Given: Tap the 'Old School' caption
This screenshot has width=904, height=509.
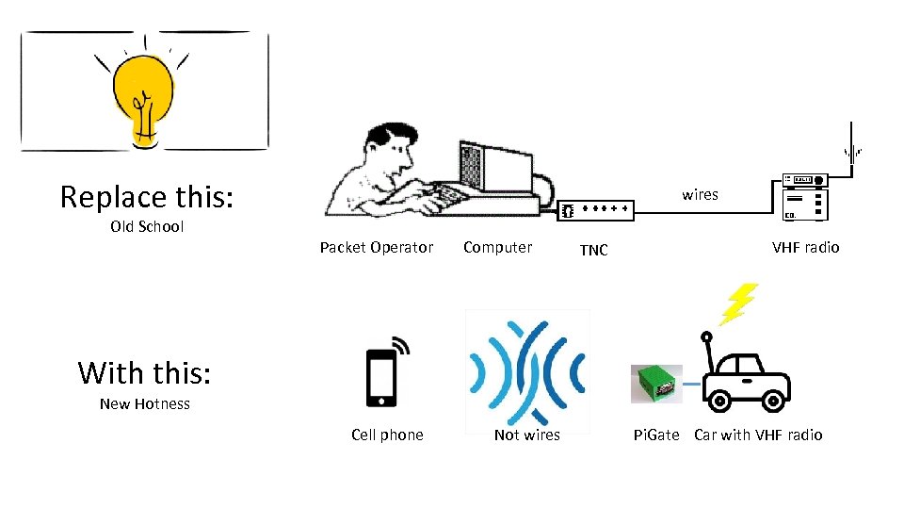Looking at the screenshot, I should (x=147, y=226).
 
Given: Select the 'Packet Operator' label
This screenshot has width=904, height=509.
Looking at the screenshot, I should (x=377, y=247).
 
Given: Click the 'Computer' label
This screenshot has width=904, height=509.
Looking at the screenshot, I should (x=497, y=247).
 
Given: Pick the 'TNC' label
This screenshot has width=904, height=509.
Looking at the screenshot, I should (x=593, y=250).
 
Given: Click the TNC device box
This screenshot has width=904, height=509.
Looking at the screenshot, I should (x=596, y=210).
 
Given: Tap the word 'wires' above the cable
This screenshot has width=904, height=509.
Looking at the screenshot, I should (x=700, y=194).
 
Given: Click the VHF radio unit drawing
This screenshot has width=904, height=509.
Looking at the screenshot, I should (x=805, y=198).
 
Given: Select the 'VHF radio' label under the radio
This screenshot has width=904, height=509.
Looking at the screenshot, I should (x=805, y=247).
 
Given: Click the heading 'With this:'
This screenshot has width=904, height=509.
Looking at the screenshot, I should (x=145, y=372).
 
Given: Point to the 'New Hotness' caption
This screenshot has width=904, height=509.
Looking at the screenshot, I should (x=145, y=403).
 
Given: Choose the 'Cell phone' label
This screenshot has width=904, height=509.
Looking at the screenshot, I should (x=387, y=435).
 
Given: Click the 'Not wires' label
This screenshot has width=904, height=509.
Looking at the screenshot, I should (x=527, y=435).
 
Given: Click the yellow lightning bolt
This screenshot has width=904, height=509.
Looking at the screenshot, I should (x=738, y=304).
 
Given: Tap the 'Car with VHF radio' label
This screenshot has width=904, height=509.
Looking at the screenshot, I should (x=758, y=435).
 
